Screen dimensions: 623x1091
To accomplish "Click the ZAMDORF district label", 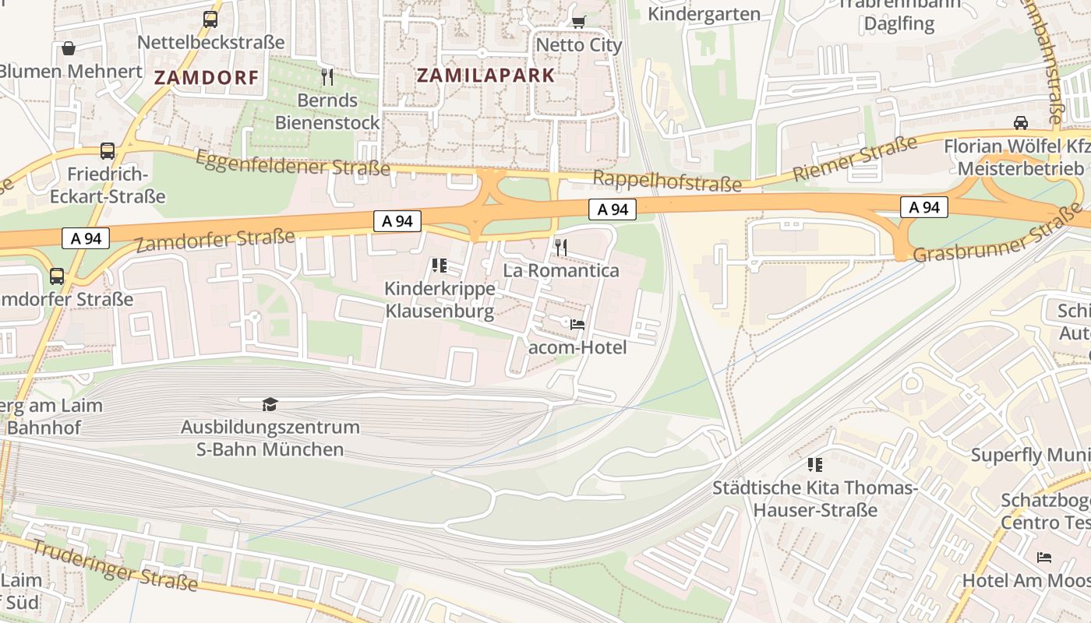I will (206, 77).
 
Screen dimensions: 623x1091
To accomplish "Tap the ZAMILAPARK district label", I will (485, 76).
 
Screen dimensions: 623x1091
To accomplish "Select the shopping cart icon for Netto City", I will (578, 21).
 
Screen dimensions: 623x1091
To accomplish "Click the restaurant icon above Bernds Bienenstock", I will (327, 76).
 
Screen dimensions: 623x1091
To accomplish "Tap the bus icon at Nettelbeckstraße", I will (210, 19).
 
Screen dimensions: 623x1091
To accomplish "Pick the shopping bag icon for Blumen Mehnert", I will (69, 48).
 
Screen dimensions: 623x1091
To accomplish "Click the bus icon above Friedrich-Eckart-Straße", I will (108, 150).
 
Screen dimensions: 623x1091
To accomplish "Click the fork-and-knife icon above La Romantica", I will (560, 248).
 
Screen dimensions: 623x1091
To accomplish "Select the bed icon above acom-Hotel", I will (577, 324).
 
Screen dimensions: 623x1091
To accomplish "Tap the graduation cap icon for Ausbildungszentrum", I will (270, 404).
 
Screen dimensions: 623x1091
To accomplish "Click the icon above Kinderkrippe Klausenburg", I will (439, 266).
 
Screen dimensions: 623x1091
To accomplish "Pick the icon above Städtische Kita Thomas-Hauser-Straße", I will (815, 465).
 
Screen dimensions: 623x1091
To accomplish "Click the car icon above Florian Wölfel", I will (1020, 122).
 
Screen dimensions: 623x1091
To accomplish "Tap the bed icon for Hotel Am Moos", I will (1044, 557).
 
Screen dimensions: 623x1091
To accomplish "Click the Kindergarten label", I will (704, 14).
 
